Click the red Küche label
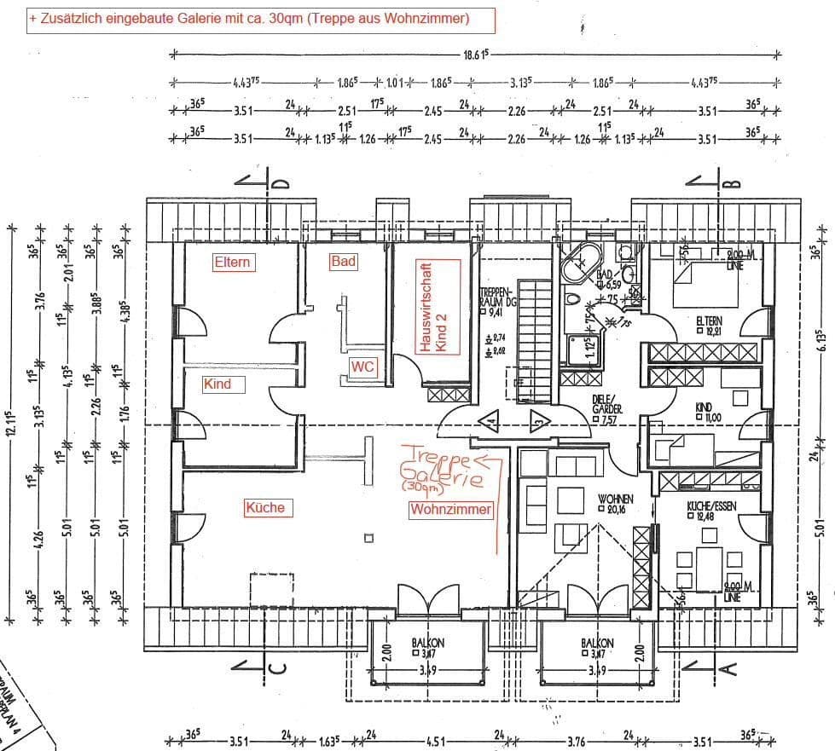264,507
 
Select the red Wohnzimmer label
451,509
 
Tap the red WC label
362,367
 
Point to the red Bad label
343,262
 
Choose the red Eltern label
232,262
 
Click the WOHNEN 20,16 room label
615,503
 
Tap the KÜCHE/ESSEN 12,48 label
711,510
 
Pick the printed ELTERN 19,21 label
708,326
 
